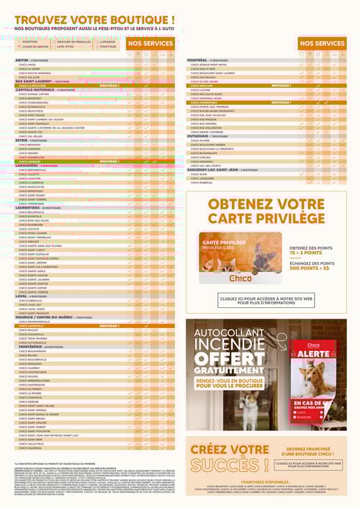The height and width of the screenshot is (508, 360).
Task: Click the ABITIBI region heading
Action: pos(22,60)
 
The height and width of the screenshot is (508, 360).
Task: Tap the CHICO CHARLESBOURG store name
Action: pos(35,102)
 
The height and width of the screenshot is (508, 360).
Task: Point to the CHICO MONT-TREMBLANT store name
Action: pos(35,237)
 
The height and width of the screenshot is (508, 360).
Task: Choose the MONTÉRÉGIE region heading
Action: pos(29,346)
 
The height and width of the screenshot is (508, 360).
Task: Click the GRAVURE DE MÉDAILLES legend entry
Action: pos(74,42)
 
